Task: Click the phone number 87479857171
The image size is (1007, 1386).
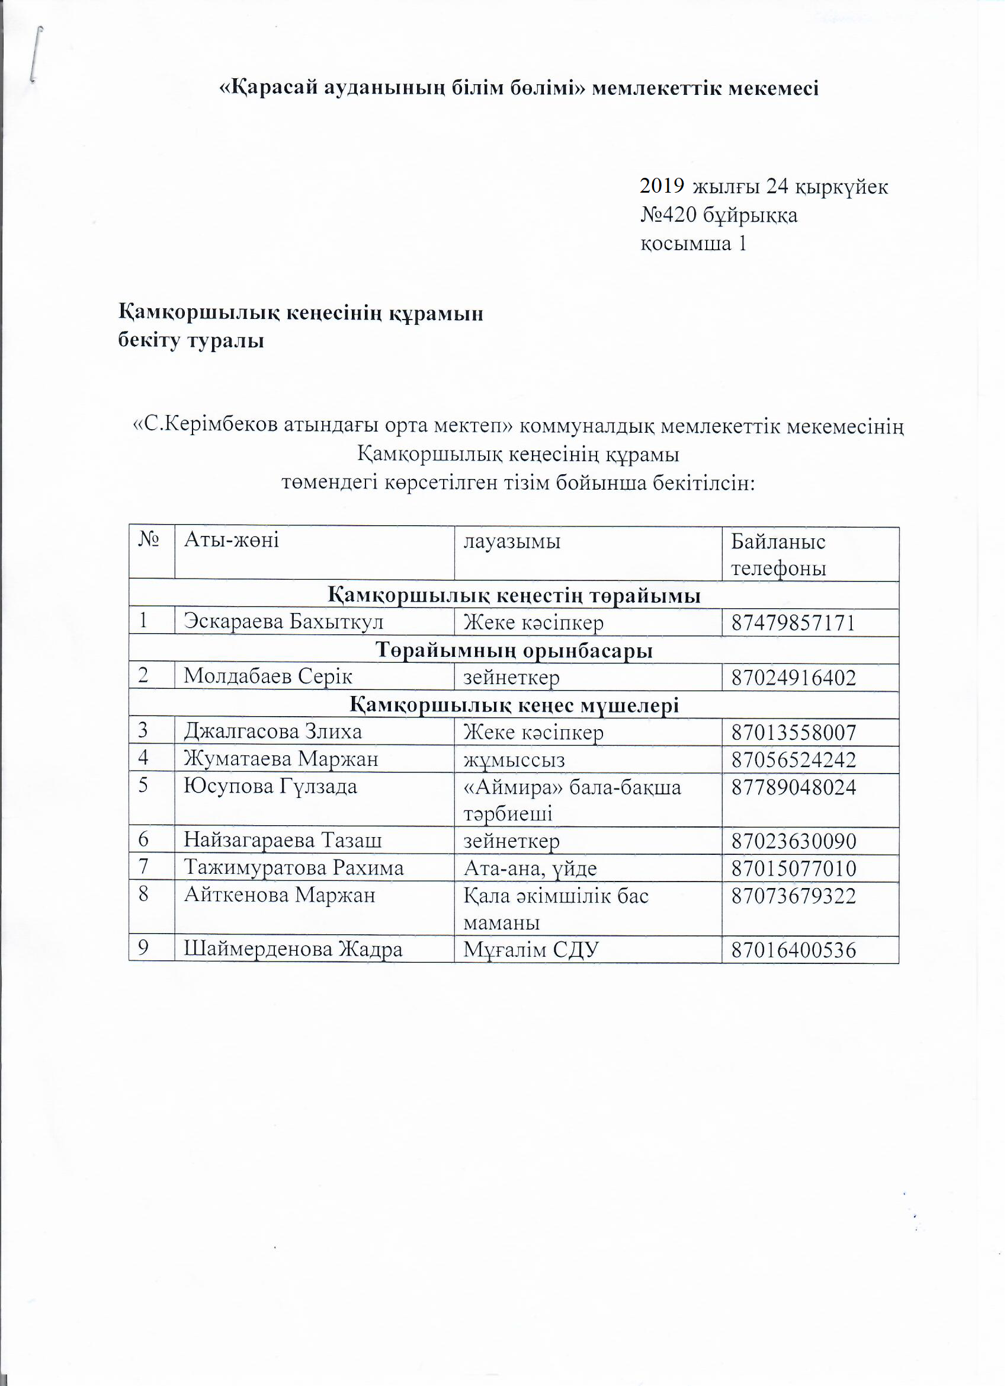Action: pyautogui.click(x=793, y=623)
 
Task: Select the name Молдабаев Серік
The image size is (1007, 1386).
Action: pyautogui.click(x=268, y=677)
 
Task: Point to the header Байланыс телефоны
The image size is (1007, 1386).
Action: pyautogui.click(x=778, y=555)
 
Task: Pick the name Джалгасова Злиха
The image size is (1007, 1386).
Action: pyautogui.click(x=273, y=732)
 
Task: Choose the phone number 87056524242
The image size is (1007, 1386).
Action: pyautogui.click(x=794, y=759)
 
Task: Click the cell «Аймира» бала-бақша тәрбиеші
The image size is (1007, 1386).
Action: pyautogui.click(x=572, y=800)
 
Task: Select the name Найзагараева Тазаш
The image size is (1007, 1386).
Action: pyautogui.click(x=283, y=840)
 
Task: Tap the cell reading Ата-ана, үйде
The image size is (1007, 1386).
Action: pyautogui.click(x=530, y=868)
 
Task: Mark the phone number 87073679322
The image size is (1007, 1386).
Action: pyautogui.click(x=794, y=896)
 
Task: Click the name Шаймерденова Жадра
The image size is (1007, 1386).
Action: pyautogui.click(x=293, y=949)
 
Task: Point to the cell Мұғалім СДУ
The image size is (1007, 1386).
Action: pyautogui.click(x=531, y=950)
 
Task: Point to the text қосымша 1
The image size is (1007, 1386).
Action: pyautogui.click(x=693, y=243)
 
